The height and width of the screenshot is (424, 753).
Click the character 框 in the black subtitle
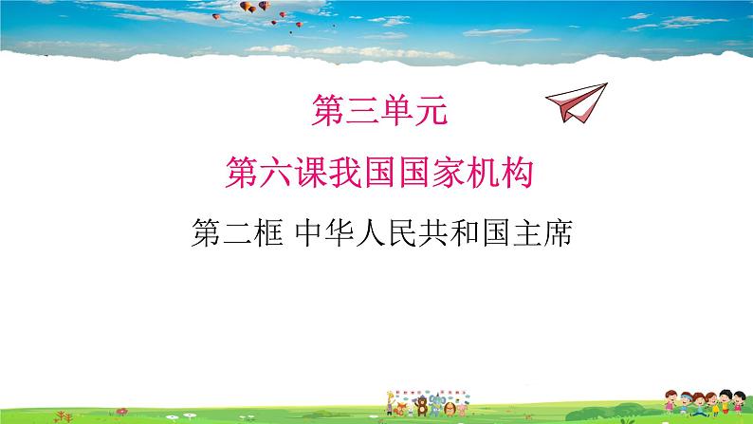272,231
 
